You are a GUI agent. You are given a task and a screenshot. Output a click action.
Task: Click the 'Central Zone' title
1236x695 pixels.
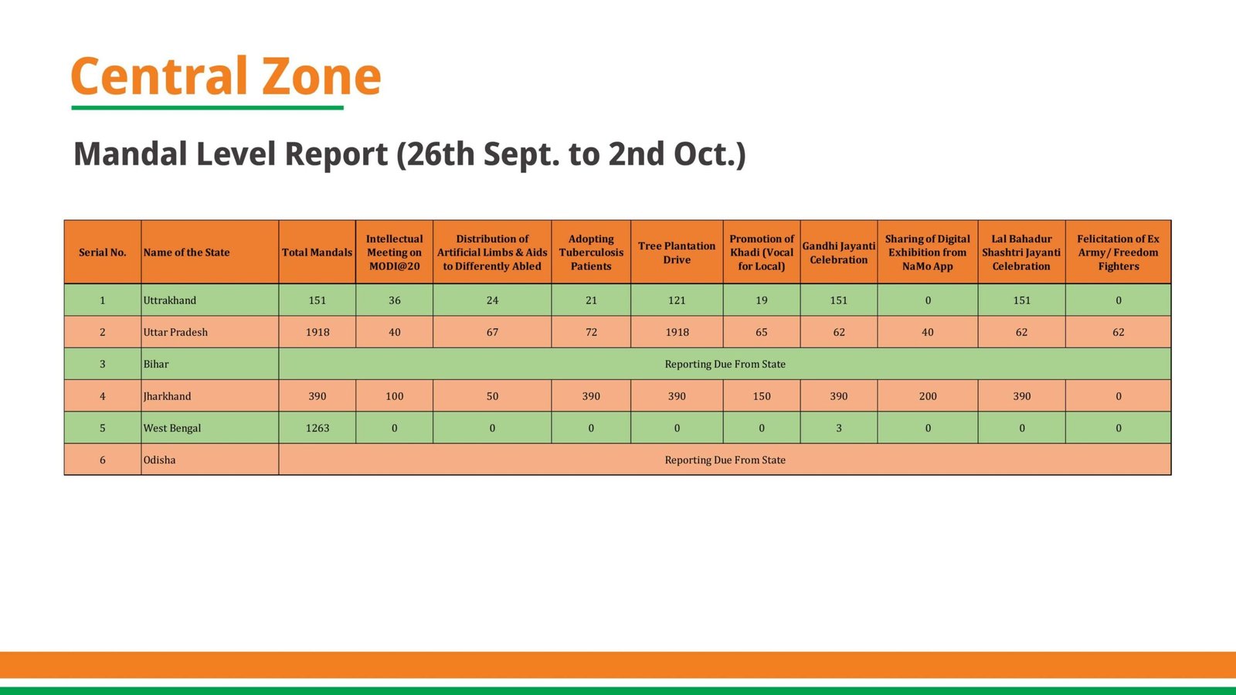coord(226,76)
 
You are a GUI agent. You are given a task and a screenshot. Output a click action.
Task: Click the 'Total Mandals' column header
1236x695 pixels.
coord(317,253)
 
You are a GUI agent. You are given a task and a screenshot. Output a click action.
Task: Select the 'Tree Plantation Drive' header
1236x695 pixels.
coord(677,253)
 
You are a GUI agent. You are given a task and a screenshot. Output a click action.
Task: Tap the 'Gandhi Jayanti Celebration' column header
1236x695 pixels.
coord(839,253)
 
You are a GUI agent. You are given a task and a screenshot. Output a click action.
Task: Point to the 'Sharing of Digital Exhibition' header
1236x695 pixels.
coord(927,253)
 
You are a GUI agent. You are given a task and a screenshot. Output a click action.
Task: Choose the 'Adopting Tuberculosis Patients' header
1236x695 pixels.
coord(591,253)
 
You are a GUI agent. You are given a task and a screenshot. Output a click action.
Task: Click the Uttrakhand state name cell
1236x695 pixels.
coord(170,300)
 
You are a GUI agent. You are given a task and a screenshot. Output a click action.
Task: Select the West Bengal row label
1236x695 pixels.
coord(172,428)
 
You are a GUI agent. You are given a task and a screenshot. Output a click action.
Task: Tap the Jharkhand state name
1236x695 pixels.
coord(168,396)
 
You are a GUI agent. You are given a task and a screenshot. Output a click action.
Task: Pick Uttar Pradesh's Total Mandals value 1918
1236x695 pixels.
coord(317,332)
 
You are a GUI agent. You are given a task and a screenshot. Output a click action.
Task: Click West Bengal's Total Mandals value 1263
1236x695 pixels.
coord(317,428)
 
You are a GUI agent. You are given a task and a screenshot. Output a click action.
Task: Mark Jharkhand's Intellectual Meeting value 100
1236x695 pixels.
coord(395,396)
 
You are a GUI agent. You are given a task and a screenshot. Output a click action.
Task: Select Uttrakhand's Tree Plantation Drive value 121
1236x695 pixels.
coord(677,300)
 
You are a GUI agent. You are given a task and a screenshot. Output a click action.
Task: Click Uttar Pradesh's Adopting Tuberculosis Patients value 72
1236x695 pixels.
coord(591,332)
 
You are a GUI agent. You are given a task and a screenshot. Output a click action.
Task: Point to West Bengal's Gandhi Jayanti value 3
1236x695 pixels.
coord(839,428)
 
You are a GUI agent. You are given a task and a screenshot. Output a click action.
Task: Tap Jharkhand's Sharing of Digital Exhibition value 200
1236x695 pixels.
coord(928,396)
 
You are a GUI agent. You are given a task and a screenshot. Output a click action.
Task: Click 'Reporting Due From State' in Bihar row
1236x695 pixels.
coord(725,364)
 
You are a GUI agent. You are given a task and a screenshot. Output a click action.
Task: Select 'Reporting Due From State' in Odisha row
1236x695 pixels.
coord(725,460)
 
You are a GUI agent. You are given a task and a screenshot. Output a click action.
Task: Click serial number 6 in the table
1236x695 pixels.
coord(103,460)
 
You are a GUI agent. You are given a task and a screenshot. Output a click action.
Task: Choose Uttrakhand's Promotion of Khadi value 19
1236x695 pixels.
coord(762,300)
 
